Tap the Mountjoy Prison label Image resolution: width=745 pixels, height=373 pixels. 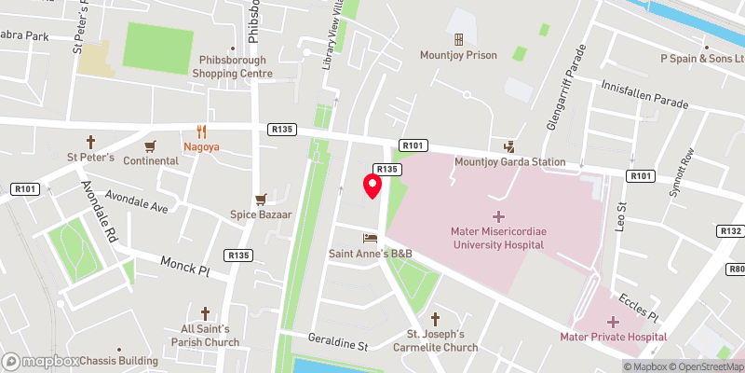tap(458, 55)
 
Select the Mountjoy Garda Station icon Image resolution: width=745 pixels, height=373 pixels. tap(508, 146)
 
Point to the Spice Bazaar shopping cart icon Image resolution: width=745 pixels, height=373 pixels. tap(262, 200)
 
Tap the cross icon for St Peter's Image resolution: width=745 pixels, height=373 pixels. tap(91, 143)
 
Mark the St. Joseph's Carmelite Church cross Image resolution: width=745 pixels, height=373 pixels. tap(435, 319)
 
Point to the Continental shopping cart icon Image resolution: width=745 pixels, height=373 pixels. tap(150, 146)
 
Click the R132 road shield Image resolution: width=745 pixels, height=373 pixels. tap(730, 230)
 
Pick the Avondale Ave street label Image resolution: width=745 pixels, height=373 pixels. tap(136, 202)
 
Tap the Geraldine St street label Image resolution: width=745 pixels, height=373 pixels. tap(338, 346)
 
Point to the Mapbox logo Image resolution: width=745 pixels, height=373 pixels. tap(41, 361)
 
